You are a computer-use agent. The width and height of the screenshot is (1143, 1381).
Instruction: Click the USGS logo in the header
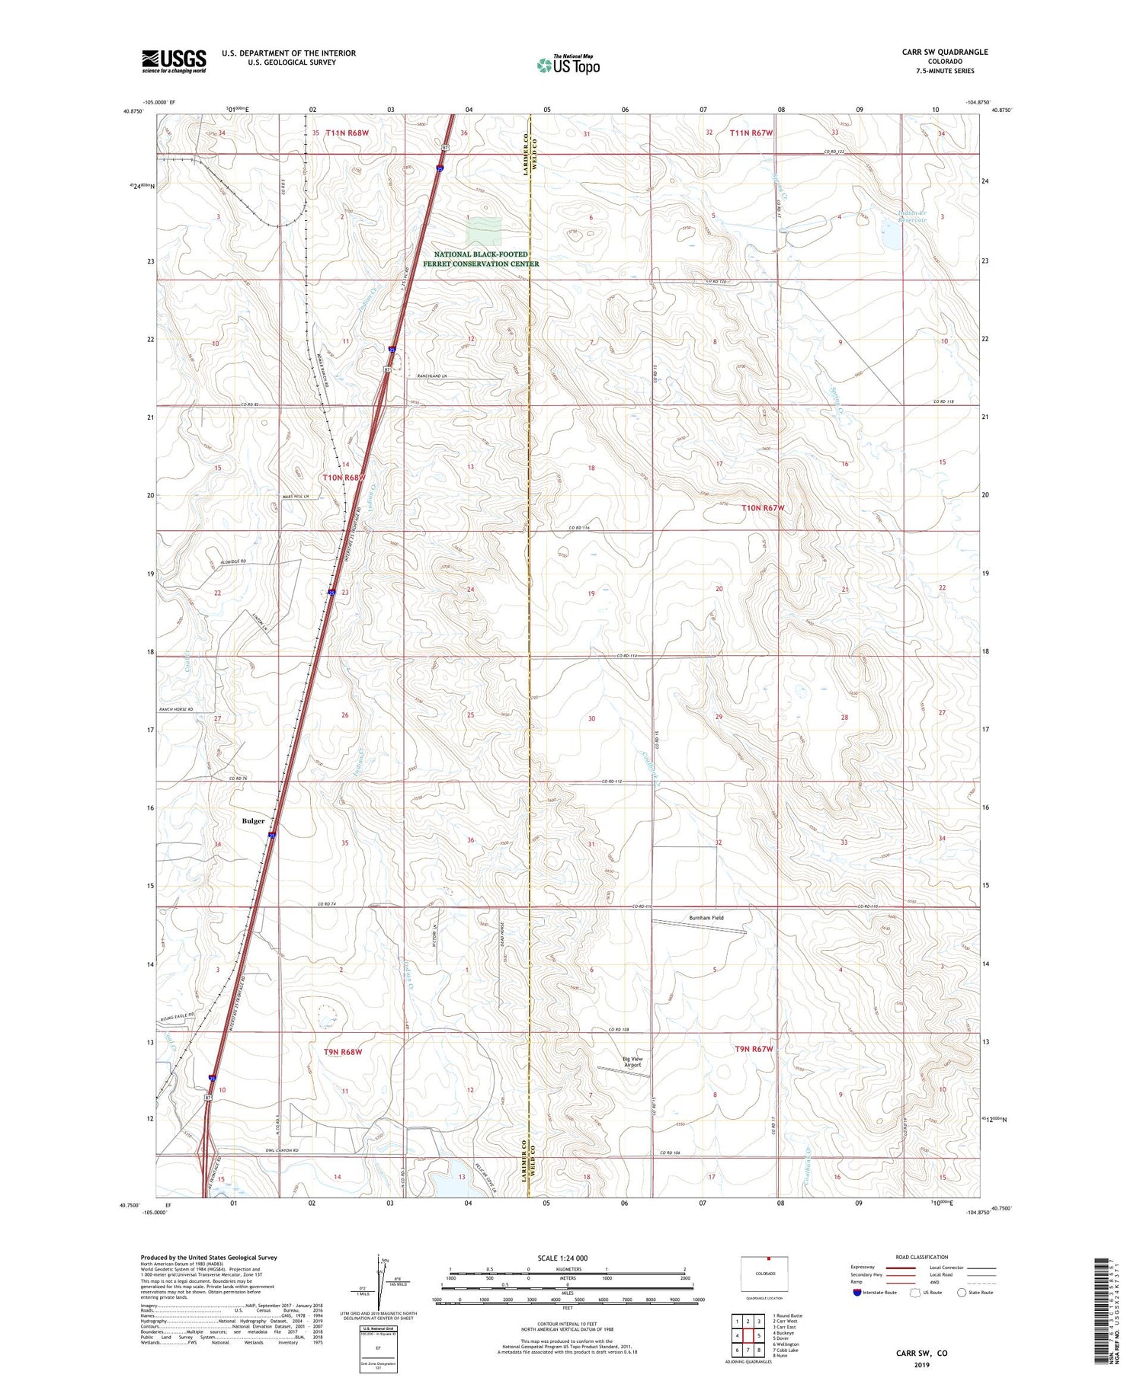[x=174, y=61]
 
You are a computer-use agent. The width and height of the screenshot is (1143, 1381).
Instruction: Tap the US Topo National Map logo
[x=568, y=65]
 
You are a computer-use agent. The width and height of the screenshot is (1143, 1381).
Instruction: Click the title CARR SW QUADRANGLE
[x=944, y=52]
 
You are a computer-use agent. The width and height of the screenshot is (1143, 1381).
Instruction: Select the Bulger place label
[x=253, y=820]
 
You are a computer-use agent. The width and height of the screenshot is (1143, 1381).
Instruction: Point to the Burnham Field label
[x=706, y=918]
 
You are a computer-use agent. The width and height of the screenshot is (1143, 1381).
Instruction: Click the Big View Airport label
[x=632, y=1062]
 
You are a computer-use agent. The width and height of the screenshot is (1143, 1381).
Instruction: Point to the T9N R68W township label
[x=343, y=1052]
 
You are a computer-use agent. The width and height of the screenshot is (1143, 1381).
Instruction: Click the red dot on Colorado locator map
[x=770, y=1259]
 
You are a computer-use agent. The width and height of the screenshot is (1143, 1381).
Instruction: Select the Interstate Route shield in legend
[x=858, y=1293]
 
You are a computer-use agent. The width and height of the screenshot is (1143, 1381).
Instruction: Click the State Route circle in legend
[x=962, y=1293]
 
